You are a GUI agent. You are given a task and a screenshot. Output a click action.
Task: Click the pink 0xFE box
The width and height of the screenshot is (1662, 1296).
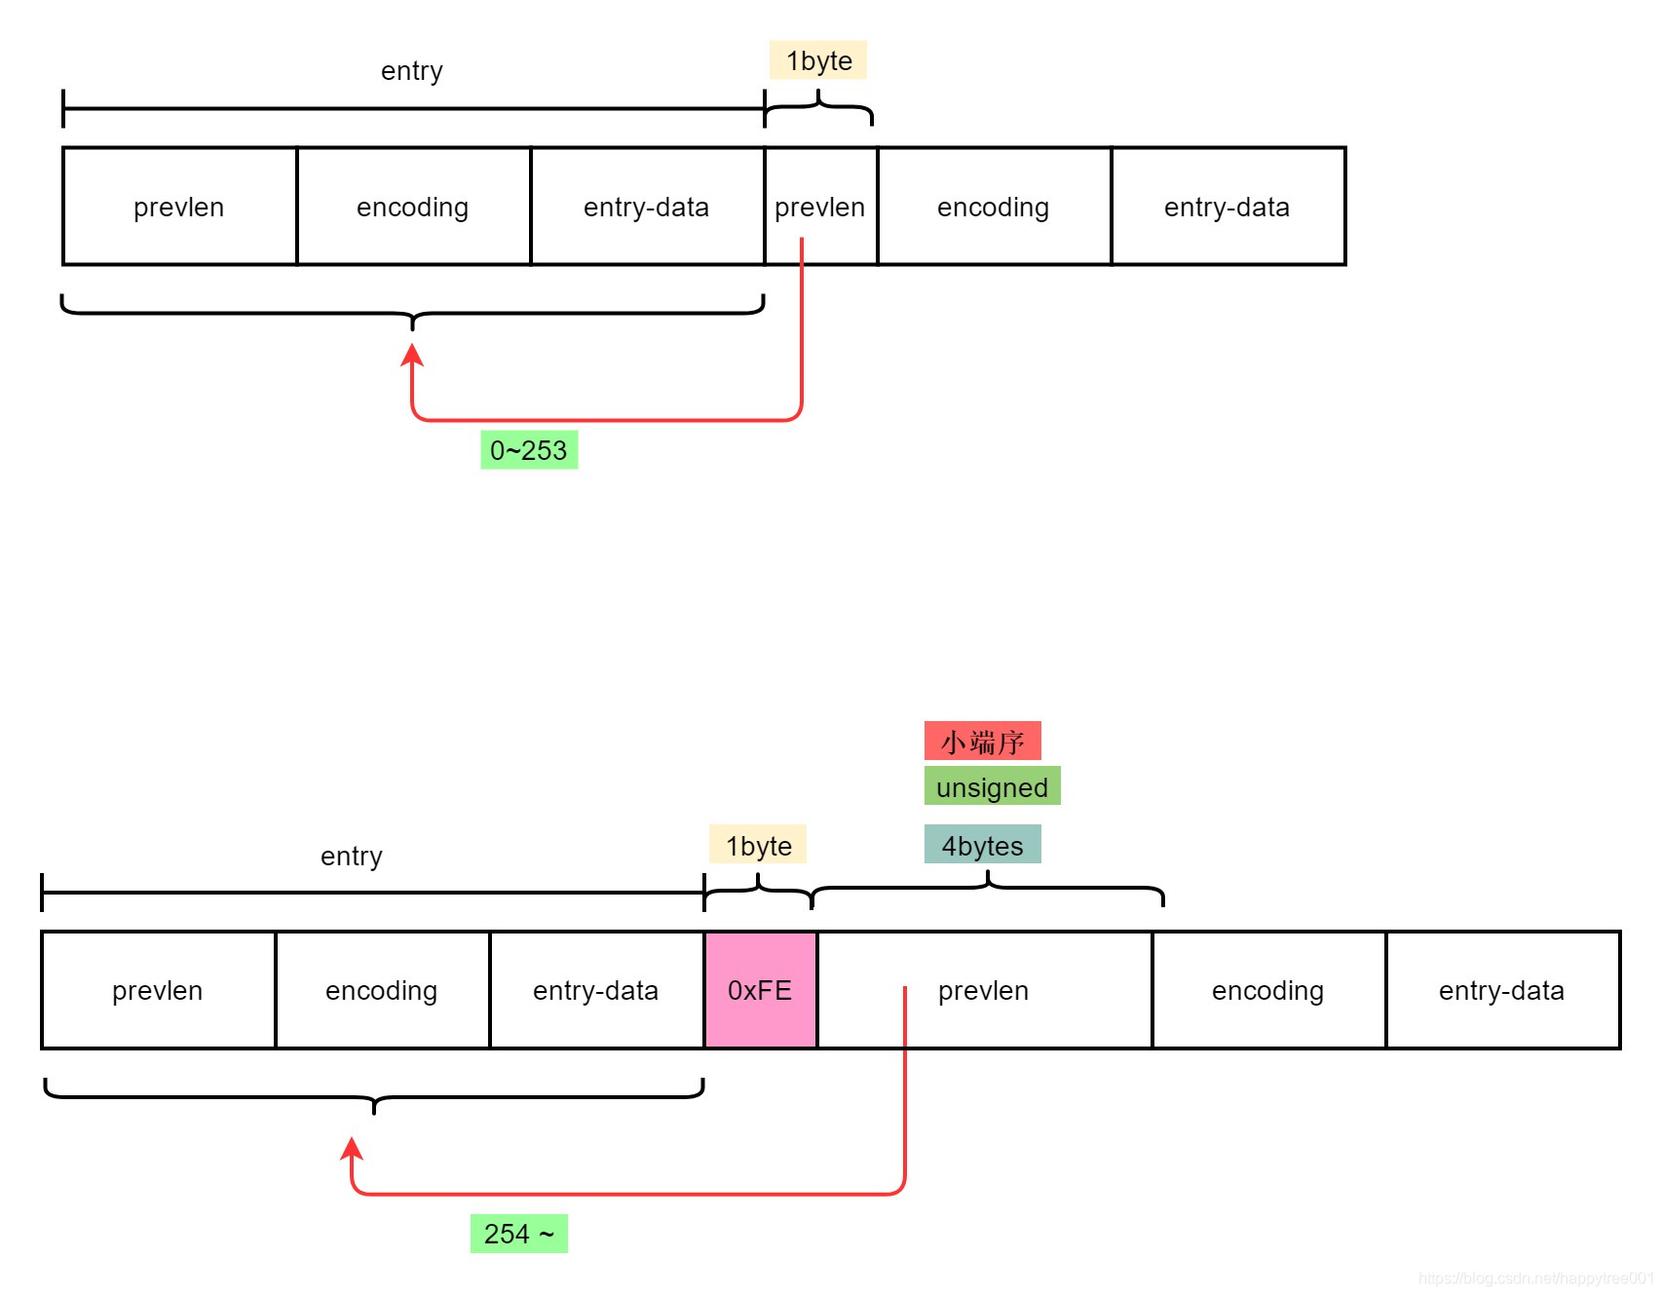(760, 990)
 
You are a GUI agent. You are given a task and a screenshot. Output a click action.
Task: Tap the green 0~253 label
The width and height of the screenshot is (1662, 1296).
(529, 450)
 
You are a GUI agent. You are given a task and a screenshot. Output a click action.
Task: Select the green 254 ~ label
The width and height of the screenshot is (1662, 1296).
(518, 1234)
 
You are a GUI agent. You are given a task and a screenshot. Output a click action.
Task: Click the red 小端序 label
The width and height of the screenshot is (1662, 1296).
(982, 742)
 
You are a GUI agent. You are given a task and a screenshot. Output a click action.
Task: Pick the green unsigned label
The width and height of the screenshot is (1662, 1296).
(992, 786)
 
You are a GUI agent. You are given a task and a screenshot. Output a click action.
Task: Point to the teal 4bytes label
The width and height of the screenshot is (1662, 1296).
(982, 845)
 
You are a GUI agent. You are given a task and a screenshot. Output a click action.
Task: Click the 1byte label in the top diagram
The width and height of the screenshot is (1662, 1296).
(818, 60)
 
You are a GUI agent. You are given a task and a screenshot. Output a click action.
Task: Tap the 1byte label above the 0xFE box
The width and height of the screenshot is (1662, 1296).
(758, 845)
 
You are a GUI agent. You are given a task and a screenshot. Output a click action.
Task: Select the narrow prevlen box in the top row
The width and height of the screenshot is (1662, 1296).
(820, 207)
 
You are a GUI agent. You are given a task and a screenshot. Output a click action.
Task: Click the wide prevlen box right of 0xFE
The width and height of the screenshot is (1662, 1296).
(984, 990)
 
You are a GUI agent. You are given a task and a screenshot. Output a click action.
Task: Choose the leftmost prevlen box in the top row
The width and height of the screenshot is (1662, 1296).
(179, 207)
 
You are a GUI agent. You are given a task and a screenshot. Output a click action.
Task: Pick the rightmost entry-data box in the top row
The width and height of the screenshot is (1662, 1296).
(1228, 207)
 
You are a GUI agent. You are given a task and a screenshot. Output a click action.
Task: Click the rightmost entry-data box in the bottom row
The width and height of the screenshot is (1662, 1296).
(1502, 990)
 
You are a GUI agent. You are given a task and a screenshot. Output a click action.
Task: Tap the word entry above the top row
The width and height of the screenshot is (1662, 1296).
(411, 71)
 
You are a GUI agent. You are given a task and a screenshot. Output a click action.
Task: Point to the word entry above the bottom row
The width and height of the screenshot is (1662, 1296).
(351, 857)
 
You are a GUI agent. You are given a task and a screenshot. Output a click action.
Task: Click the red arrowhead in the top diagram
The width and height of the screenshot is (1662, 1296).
(412, 355)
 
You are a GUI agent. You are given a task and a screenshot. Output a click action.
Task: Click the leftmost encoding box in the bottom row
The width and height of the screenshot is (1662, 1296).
(382, 990)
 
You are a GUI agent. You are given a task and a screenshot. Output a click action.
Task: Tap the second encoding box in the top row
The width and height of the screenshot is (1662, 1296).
(994, 207)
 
